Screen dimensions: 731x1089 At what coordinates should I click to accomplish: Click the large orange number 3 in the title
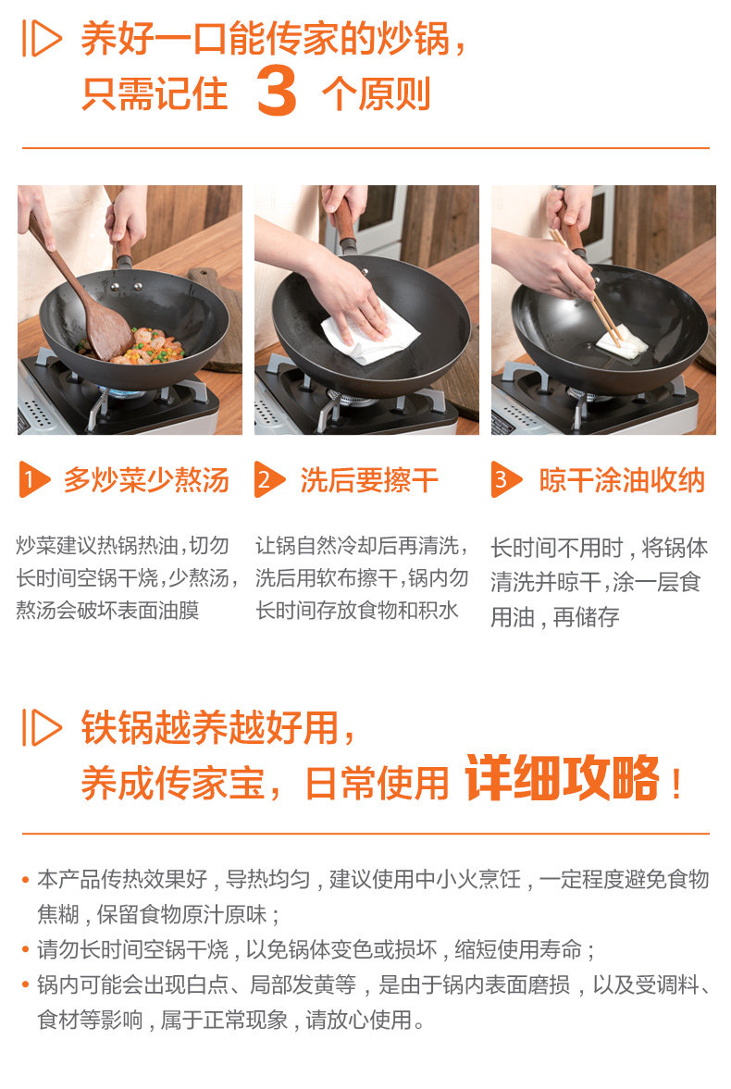tap(277, 91)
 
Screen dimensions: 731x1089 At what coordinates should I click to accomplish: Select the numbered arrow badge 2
tap(269, 479)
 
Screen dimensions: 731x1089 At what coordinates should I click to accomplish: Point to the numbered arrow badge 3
tap(506, 479)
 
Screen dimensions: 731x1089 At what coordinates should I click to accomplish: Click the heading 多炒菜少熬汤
tap(146, 480)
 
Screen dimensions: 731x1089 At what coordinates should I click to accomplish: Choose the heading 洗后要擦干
tap(369, 480)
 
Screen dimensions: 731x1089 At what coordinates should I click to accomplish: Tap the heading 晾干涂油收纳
tap(622, 480)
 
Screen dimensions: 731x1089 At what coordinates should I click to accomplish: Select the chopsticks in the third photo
tap(585, 286)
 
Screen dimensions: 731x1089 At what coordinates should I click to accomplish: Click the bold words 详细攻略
tap(563, 778)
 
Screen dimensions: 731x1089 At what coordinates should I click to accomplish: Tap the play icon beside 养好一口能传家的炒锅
tap(42, 38)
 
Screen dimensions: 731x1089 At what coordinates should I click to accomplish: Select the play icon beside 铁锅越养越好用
tap(42, 727)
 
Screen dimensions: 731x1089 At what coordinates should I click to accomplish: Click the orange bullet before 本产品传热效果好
tap(26, 880)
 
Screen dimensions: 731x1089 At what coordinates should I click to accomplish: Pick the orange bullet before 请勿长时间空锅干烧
tap(26, 949)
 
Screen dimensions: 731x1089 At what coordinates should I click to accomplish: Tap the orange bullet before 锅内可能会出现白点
tap(26, 984)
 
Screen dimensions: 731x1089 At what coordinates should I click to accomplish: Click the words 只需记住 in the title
tap(155, 93)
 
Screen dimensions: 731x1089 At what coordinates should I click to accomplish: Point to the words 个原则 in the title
tap(376, 93)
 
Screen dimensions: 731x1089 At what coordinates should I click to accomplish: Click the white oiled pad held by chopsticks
tap(622, 341)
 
